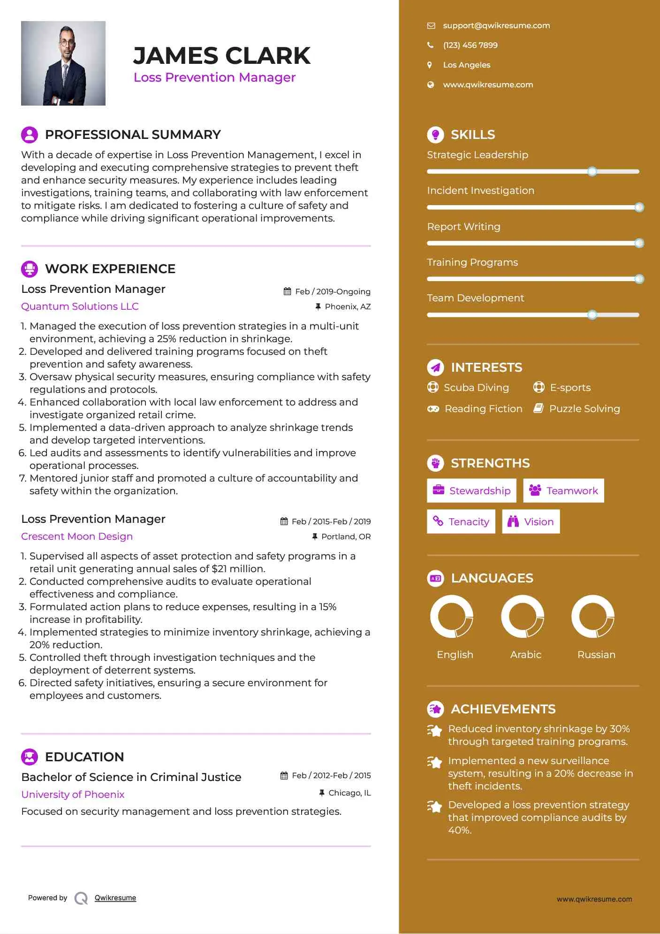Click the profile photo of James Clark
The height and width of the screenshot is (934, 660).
tap(63, 63)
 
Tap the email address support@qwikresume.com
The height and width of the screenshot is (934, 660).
tap(496, 26)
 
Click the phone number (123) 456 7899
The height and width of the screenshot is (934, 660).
tap(470, 46)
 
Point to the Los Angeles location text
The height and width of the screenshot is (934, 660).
tap(466, 65)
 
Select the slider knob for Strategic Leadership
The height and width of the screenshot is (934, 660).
tap(592, 172)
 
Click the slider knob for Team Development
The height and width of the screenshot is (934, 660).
tap(592, 315)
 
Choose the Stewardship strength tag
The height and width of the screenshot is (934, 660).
tap(471, 491)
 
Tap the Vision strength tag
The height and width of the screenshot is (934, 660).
tap(531, 522)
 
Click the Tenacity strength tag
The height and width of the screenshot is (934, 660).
tap(461, 522)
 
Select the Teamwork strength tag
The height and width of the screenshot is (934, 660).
tap(563, 491)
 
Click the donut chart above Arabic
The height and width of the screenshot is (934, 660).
tap(523, 617)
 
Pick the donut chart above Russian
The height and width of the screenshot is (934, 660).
tap(593, 617)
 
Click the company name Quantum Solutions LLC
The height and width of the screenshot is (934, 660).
tap(80, 306)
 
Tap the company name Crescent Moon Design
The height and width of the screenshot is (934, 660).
tap(77, 536)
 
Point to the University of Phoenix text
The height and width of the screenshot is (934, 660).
tap(73, 795)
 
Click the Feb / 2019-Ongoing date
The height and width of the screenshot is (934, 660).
tap(332, 291)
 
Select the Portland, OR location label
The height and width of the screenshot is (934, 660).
tap(346, 536)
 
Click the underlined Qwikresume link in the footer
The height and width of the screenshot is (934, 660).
tap(115, 898)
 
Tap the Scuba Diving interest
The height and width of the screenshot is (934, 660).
tap(476, 388)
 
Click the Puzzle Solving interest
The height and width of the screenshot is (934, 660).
tap(584, 409)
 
